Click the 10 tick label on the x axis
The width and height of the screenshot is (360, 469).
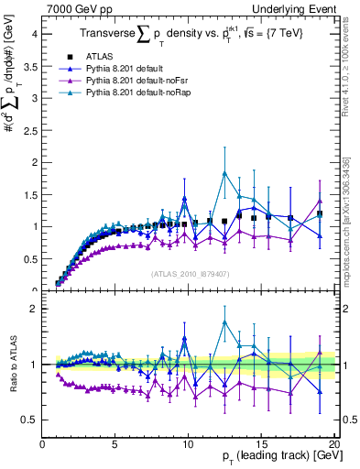189,442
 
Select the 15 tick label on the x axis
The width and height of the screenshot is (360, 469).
262,442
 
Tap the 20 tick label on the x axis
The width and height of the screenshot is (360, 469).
334,442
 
